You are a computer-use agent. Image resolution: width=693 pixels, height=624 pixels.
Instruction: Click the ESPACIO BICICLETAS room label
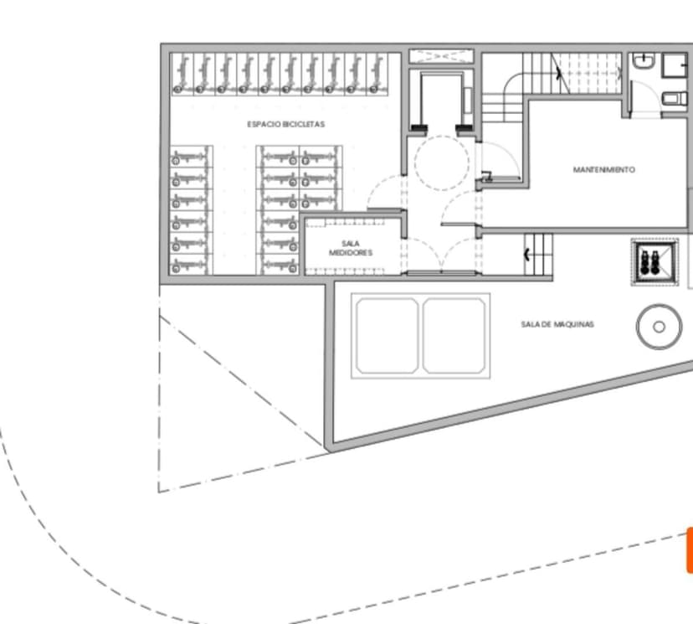pos(286,124)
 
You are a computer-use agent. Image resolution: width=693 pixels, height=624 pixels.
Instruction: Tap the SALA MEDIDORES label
pos(351,248)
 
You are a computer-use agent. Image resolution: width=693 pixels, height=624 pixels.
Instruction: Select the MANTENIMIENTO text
pos(604,169)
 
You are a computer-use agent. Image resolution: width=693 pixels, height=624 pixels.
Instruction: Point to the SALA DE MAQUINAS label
pos(557,324)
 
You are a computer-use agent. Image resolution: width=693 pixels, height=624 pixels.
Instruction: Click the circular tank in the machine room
pos(659,327)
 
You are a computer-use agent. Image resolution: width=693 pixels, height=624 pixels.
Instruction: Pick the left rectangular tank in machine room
pos(388,336)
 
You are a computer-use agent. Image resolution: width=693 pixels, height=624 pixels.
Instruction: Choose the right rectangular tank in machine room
pos(454,336)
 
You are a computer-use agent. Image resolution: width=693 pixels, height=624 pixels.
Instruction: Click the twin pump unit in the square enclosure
pos(649,262)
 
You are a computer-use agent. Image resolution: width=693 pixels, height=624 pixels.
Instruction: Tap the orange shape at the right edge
pos(690,550)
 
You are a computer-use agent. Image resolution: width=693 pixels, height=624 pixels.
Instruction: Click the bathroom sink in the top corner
pos(643,60)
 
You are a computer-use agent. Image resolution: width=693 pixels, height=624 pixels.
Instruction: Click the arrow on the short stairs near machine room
pos(526,255)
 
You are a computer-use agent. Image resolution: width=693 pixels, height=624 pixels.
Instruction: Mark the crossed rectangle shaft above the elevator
pos(441,56)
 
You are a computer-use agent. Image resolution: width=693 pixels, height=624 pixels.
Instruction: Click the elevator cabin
pos(442,100)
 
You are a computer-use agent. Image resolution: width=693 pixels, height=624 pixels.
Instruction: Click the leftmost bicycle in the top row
pos(182,74)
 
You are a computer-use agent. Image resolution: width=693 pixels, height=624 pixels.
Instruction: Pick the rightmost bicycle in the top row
pos(377,74)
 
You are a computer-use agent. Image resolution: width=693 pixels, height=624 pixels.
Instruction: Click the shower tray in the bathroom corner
pos(675,66)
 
